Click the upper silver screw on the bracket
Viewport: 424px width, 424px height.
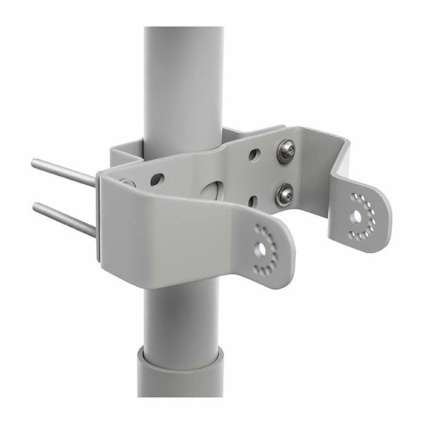(286, 151)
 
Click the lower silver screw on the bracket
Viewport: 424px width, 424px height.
(284, 194)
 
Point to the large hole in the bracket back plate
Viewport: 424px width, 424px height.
(213, 190)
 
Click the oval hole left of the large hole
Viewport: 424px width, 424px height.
(157, 179)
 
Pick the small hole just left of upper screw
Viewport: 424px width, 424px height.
(253, 155)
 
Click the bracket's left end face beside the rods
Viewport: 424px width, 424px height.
(100, 218)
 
